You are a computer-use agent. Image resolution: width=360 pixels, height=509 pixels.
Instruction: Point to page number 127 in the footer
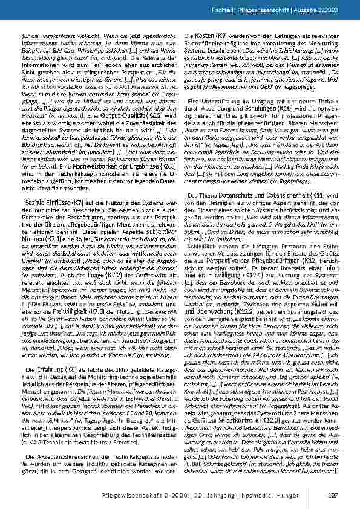click(332, 496)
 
